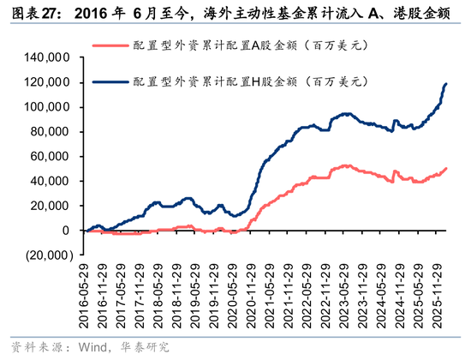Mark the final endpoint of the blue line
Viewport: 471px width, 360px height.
pos(446,84)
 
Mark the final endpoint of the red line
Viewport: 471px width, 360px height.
pos(446,169)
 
